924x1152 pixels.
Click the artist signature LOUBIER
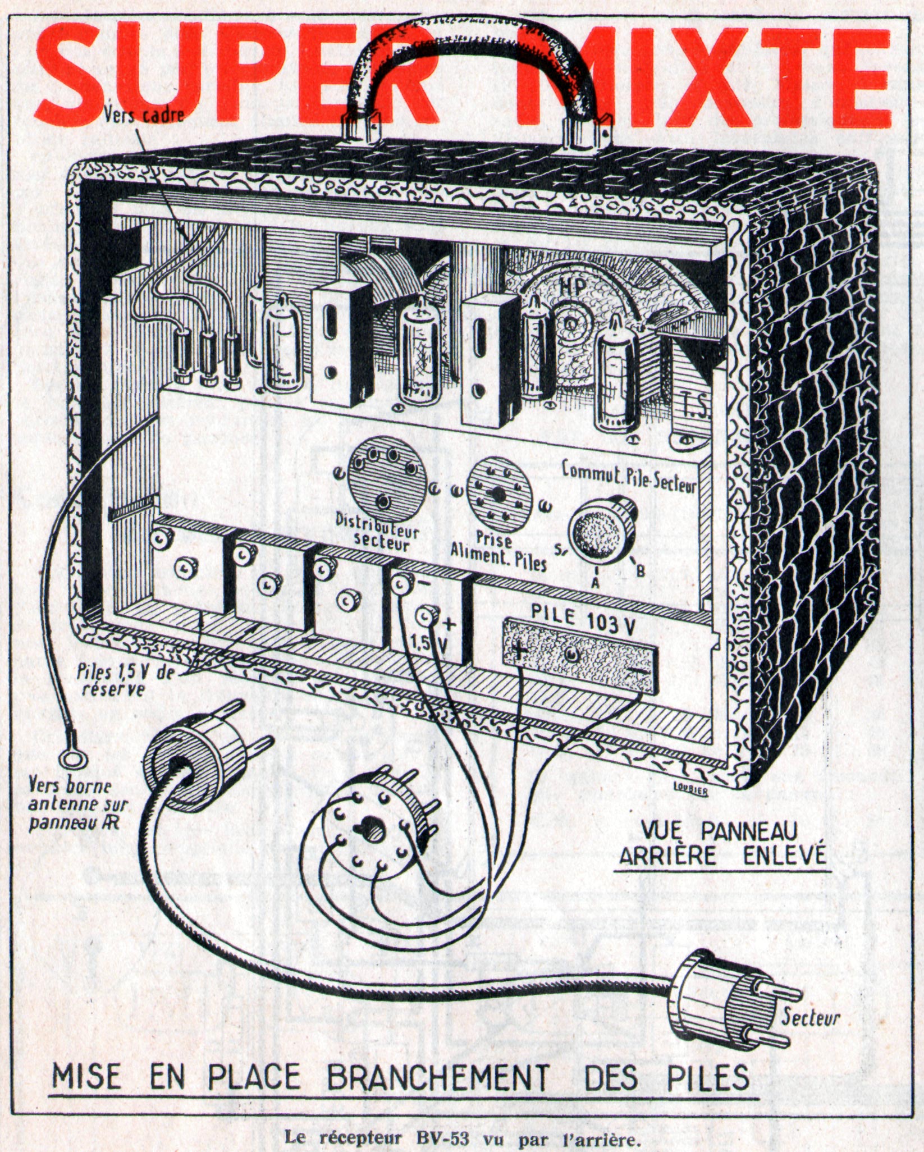(x=690, y=793)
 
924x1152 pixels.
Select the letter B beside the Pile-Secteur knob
(x=639, y=570)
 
